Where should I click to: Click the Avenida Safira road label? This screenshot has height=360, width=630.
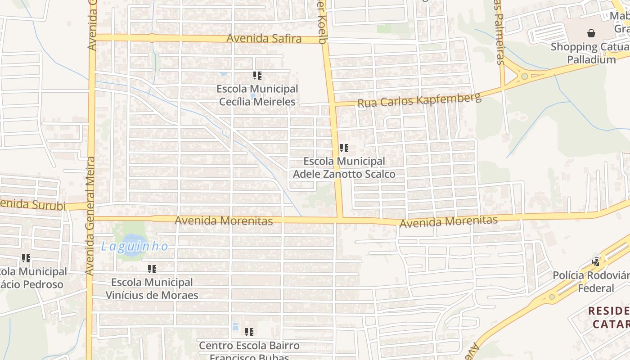pyautogui.click(x=264, y=39)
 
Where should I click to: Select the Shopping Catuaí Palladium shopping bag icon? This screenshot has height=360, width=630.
pyautogui.click(x=591, y=33)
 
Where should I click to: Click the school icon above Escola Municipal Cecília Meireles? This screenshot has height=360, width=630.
pyautogui.click(x=257, y=76)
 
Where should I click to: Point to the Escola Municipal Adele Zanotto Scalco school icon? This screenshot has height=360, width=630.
pyautogui.click(x=344, y=148)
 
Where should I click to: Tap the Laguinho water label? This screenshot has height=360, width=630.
pyautogui.click(x=135, y=247)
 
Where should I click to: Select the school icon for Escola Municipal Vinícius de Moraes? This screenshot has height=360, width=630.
pyautogui.click(x=152, y=269)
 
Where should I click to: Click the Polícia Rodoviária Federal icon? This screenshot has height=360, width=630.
pyautogui.click(x=596, y=261)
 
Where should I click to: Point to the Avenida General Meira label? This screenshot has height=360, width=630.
pyautogui.click(x=90, y=216)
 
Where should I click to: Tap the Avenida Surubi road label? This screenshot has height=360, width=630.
pyautogui.click(x=32, y=205)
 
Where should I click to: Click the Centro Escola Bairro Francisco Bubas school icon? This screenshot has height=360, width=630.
pyautogui.click(x=249, y=332)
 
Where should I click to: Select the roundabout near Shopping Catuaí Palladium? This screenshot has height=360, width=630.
pyautogui.click(x=524, y=76)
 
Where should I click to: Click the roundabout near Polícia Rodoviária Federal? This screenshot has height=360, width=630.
pyautogui.click(x=552, y=297)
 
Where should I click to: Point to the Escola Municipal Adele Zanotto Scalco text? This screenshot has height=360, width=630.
pyautogui.click(x=344, y=167)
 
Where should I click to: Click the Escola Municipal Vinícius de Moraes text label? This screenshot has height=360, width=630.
pyautogui.click(x=152, y=289)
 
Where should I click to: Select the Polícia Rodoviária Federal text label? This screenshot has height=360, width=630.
pyautogui.click(x=591, y=282)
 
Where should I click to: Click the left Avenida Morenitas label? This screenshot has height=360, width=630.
pyautogui.click(x=224, y=221)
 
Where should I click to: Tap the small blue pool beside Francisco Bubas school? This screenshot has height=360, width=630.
pyautogui.click(x=235, y=326)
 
